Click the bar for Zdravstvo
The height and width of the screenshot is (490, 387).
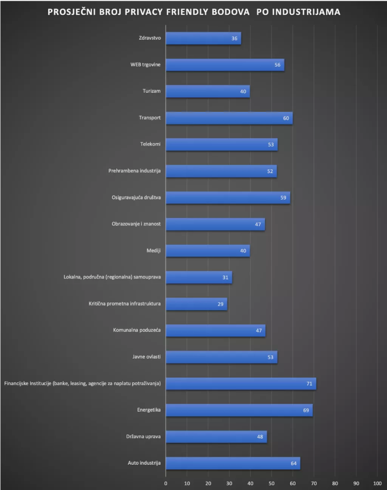203,39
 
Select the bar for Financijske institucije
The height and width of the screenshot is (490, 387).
241,384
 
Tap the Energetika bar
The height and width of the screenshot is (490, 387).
239,410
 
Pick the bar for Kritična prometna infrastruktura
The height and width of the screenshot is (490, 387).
196,304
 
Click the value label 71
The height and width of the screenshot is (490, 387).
309,384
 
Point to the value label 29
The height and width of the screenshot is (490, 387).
220,304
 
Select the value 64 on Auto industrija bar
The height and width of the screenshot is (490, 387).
294,464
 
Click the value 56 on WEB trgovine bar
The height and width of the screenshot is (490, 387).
277,65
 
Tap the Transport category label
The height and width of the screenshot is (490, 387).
150,118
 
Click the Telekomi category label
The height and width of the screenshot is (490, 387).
150,144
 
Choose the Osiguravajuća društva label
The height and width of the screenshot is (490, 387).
136,197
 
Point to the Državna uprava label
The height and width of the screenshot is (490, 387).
143,437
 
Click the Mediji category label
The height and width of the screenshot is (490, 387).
153,251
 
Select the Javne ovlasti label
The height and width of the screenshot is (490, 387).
146,357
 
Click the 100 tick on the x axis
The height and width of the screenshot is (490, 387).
377,484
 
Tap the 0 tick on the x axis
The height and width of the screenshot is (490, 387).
166,484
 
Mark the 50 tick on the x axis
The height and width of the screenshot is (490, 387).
271,484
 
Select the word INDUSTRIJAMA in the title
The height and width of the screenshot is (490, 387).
306,12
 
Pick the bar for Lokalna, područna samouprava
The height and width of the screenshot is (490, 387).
199,278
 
